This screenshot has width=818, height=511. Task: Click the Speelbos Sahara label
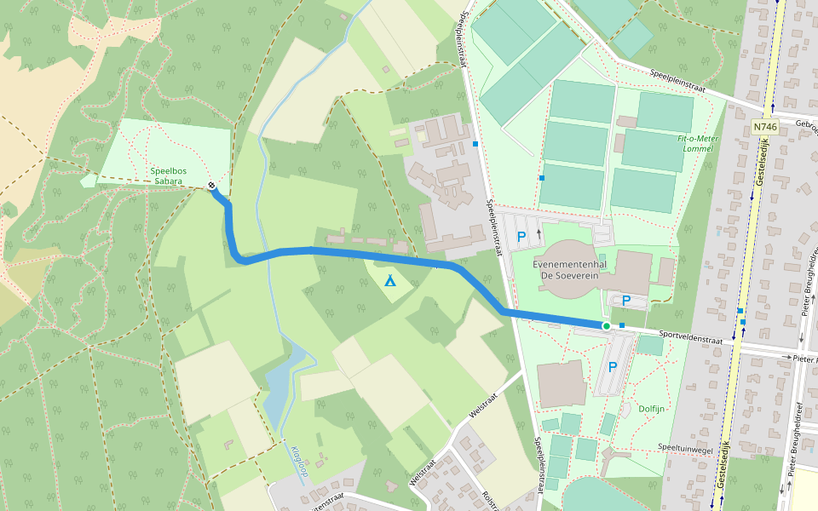click(x=168, y=175)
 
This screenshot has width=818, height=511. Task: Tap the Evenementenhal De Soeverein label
click(x=569, y=270)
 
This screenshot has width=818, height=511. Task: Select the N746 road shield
click(x=765, y=127)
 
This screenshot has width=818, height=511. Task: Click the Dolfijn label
click(x=652, y=409)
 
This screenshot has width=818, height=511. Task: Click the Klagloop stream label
click(x=298, y=461)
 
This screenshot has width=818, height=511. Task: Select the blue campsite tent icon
click(x=389, y=279)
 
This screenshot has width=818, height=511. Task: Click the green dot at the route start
click(x=606, y=326)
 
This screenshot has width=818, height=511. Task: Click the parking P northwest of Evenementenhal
click(x=521, y=237)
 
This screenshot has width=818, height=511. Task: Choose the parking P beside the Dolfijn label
click(x=612, y=367)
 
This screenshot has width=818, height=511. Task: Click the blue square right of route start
click(x=622, y=325)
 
